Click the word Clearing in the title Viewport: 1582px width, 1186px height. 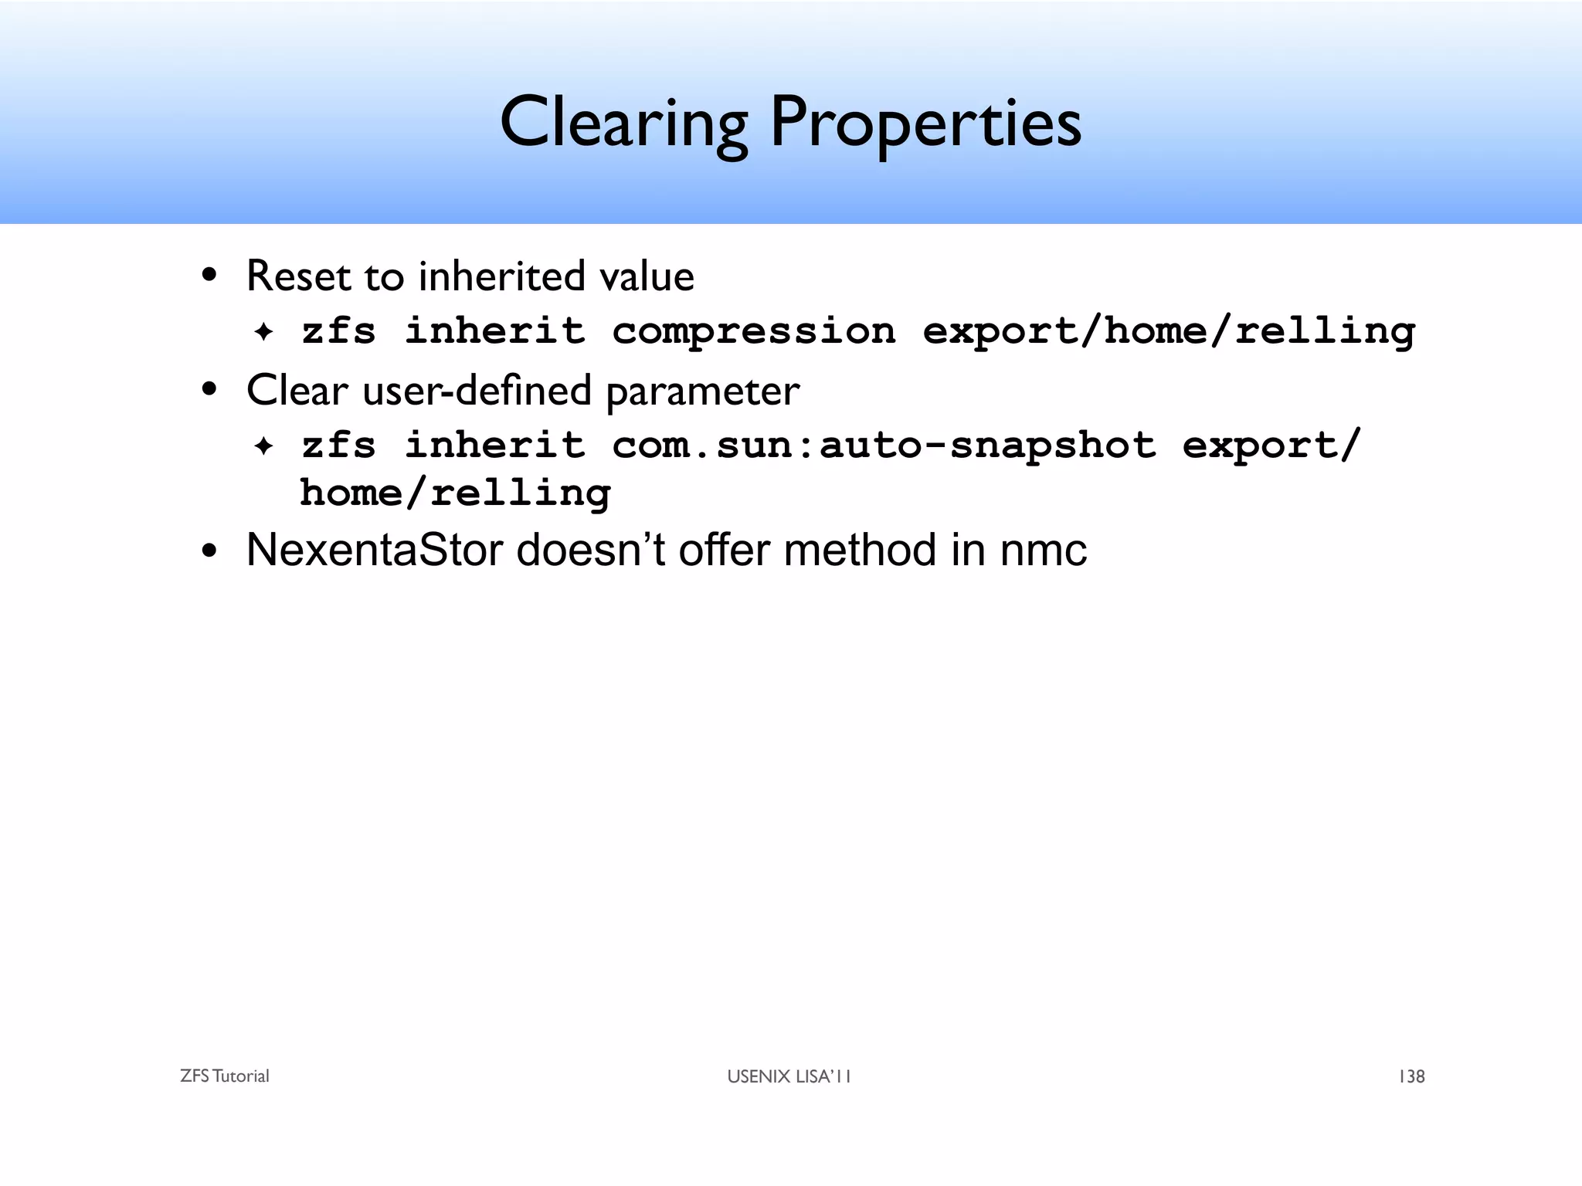click(x=624, y=124)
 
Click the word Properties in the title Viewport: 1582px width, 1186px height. click(x=925, y=124)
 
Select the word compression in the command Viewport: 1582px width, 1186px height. click(x=753, y=331)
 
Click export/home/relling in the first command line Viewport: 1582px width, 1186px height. click(x=1169, y=331)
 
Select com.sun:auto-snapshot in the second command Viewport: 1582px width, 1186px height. click(x=884, y=446)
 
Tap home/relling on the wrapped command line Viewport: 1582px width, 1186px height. click(x=455, y=493)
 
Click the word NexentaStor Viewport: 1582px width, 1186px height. click(x=374, y=551)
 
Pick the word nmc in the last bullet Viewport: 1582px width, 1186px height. click(x=1043, y=551)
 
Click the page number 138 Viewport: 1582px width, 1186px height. click(x=1411, y=1076)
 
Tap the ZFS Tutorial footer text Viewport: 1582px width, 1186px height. click(x=224, y=1076)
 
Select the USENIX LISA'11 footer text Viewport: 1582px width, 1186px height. click(x=789, y=1076)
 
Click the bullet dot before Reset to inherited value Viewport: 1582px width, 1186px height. click(x=209, y=276)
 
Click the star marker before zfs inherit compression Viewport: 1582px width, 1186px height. click(x=264, y=333)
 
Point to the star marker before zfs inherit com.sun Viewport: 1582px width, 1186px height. click(x=264, y=446)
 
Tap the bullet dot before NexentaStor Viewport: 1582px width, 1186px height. click(x=209, y=552)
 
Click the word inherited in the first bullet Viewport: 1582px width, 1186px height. click(x=501, y=276)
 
